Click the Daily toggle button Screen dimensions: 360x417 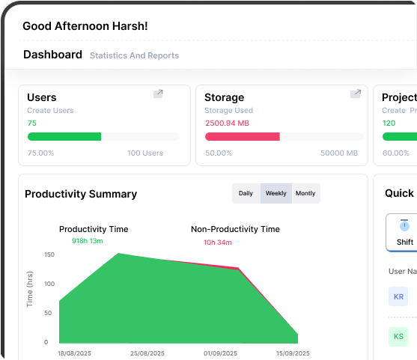[246, 193]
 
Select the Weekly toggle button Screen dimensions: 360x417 [276, 193]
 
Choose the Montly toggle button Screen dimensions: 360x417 [305, 193]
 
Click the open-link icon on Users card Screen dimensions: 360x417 [158, 94]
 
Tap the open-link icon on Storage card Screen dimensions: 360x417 [356, 94]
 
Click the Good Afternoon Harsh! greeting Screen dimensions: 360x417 [85, 25]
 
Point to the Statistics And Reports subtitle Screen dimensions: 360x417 [134, 55]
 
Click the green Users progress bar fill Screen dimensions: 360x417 [64, 137]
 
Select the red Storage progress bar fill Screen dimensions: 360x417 [242, 137]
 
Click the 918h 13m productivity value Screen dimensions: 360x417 [87, 241]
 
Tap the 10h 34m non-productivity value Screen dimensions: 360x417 [218, 242]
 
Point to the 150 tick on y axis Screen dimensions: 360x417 [49, 255]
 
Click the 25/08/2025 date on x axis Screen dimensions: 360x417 [148, 353]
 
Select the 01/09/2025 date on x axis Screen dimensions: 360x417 [221, 353]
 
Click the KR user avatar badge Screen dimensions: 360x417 [399, 296]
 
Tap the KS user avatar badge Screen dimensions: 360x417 [399, 336]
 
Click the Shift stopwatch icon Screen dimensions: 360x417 [405, 225]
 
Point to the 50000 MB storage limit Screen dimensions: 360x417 [339, 153]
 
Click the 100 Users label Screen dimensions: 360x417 [144, 153]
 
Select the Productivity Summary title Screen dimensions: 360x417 [81, 194]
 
